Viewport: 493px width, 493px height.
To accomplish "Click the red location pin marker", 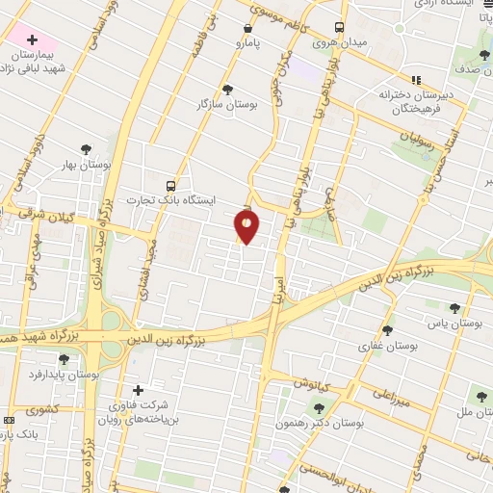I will pyautogui.click(x=246, y=227).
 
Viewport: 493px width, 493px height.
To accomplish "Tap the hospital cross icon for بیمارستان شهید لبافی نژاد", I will pyautogui.click(x=33, y=40).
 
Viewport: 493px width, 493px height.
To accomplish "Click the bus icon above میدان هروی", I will pyautogui.click(x=338, y=27).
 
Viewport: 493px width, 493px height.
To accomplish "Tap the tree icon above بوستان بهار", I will pyautogui.click(x=86, y=149).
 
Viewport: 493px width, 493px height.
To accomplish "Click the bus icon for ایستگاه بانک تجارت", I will pyautogui.click(x=170, y=185).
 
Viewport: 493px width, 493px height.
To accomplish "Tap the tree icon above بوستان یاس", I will pyautogui.click(x=454, y=308).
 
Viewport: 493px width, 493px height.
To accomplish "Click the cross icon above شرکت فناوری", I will pyautogui.click(x=138, y=390).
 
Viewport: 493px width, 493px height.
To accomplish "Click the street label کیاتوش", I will pyautogui.click(x=310, y=383).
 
